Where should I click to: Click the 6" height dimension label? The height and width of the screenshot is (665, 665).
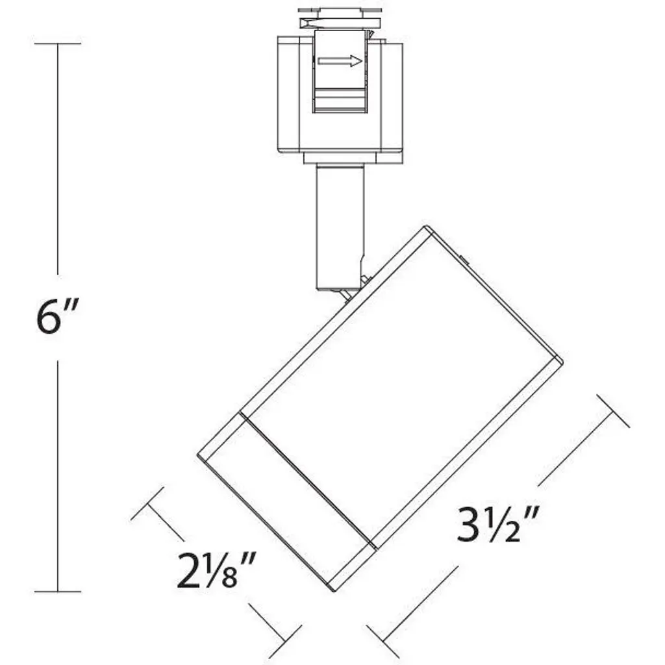[x=57, y=316]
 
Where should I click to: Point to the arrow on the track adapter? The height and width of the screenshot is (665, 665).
[x=340, y=61]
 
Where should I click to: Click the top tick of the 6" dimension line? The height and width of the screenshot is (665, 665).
[x=57, y=44]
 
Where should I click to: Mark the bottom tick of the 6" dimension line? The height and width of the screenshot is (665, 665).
[x=57, y=591]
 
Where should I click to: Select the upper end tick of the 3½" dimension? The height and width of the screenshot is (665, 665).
[x=613, y=410]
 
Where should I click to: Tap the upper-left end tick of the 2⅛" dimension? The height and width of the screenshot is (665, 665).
[x=147, y=503]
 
